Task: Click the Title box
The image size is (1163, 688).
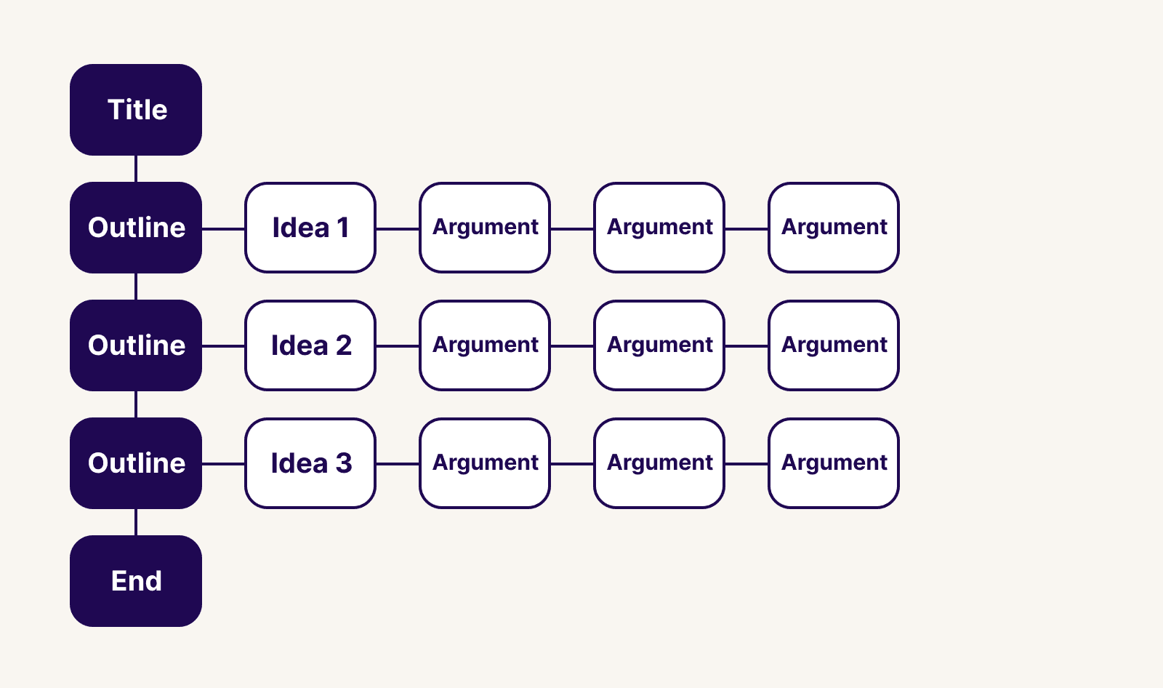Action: coord(136,110)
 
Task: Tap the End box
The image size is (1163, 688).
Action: coord(136,581)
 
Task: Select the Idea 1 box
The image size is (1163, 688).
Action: coord(310,228)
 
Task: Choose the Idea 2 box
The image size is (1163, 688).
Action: coord(310,345)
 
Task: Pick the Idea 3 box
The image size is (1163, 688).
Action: coord(310,463)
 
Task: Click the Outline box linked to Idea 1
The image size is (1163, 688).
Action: coord(136,228)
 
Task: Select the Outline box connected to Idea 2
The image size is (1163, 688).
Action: coord(136,345)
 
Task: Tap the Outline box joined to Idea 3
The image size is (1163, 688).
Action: coord(136,463)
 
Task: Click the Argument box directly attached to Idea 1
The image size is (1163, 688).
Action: coord(485,228)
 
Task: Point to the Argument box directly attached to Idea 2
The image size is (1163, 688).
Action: coord(485,345)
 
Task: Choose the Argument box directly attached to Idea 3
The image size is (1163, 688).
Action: coord(485,463)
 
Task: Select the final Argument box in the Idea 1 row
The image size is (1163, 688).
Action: coord(834,228)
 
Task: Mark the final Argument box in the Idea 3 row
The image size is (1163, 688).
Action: coord(834,463)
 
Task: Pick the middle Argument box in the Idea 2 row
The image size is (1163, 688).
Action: coord(659,345)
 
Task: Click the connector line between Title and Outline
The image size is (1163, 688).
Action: coord(136,169)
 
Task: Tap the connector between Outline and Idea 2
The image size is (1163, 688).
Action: coord(224,346)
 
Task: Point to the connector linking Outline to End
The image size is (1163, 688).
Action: coord(136,522)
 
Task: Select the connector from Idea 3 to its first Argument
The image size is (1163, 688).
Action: coord(398,464)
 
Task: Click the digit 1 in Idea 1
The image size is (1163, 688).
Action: coord(343,228)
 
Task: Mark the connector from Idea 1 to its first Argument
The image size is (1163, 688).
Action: coord(398,228)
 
